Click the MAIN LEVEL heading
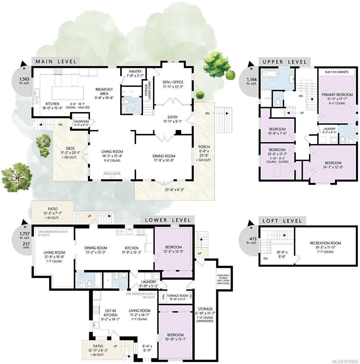56,62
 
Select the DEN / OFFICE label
173,82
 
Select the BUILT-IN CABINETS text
336,72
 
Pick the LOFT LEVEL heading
282,221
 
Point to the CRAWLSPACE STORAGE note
223,279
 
